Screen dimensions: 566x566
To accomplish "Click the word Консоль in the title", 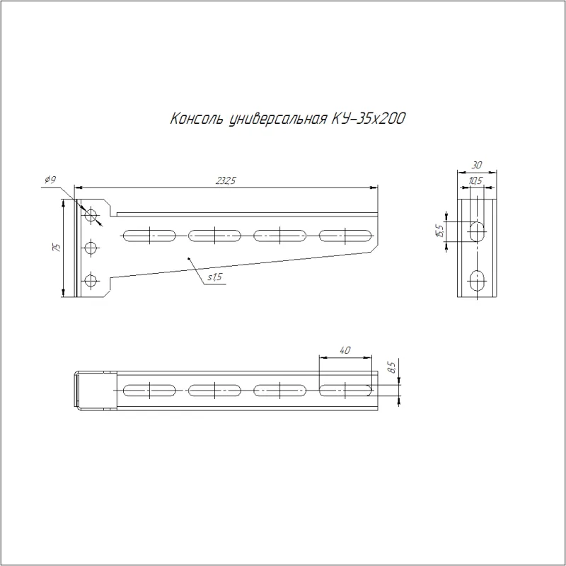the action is point(197,118).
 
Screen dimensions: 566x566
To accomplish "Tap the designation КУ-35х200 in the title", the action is point(369,118).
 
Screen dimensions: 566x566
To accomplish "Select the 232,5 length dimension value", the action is point(226,180).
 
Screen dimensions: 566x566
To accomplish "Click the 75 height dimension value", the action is point(57,247).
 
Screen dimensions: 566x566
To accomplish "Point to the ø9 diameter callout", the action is point(50,180).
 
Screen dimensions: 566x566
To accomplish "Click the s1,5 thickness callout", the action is point(215,277).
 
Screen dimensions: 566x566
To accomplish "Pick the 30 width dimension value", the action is point(476,165).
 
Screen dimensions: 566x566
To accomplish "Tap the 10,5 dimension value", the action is point(475,181).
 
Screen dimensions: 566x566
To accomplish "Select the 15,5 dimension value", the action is point(439,231).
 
